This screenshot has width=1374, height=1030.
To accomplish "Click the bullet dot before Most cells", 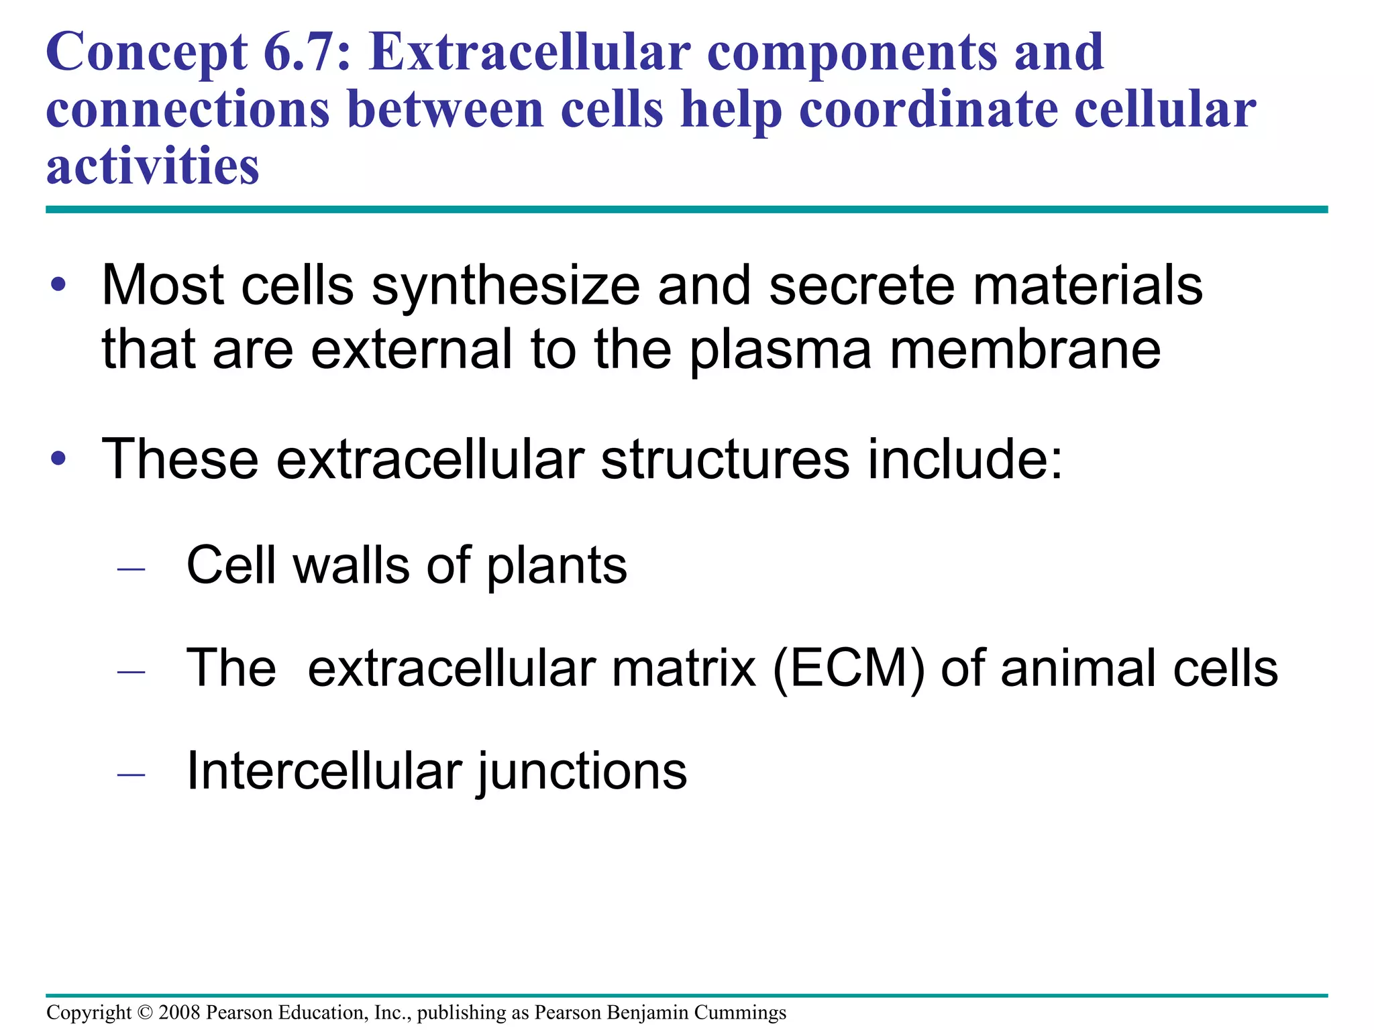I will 59,285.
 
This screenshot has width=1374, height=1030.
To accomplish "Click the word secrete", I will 861,286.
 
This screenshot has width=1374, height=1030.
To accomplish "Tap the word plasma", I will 781,350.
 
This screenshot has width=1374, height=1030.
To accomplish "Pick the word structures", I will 725,460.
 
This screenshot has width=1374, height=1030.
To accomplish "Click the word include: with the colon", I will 965,460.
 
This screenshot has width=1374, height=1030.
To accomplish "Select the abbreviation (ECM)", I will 849,669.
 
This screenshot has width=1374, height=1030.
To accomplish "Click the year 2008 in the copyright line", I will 179,1012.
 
